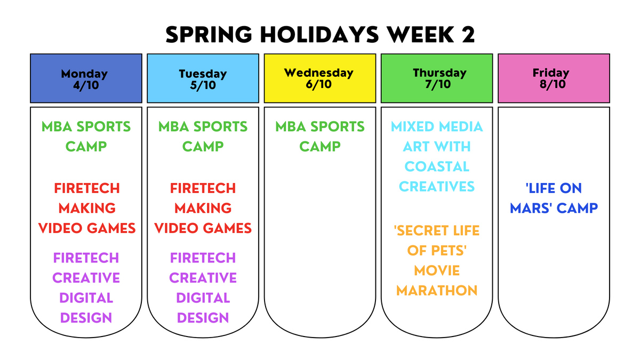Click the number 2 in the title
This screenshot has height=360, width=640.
coord(466,35)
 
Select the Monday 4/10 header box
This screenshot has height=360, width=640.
coord(86,78)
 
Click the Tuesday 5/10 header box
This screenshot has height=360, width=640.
coord(203,78)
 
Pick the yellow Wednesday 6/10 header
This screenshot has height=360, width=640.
coord(319,78)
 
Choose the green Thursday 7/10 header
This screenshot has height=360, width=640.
coord(437,78)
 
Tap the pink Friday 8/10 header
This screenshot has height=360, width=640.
coord(554,78)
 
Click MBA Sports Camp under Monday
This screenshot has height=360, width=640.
coord(86,137)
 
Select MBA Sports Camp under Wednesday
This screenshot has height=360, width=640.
coord(319,137)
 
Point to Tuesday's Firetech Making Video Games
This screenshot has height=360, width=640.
coord(203,209)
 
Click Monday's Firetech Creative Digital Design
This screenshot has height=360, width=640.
coord(86,287)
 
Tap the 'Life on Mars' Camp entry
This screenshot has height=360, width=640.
coord(554,198)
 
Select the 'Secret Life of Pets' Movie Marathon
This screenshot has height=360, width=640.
coord(437,261)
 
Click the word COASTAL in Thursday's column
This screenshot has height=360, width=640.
coord(437,166)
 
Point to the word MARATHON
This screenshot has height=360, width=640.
coord(437,291)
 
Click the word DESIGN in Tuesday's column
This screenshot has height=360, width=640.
coord(203,318)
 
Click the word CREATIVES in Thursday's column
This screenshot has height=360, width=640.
coord(437,187)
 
